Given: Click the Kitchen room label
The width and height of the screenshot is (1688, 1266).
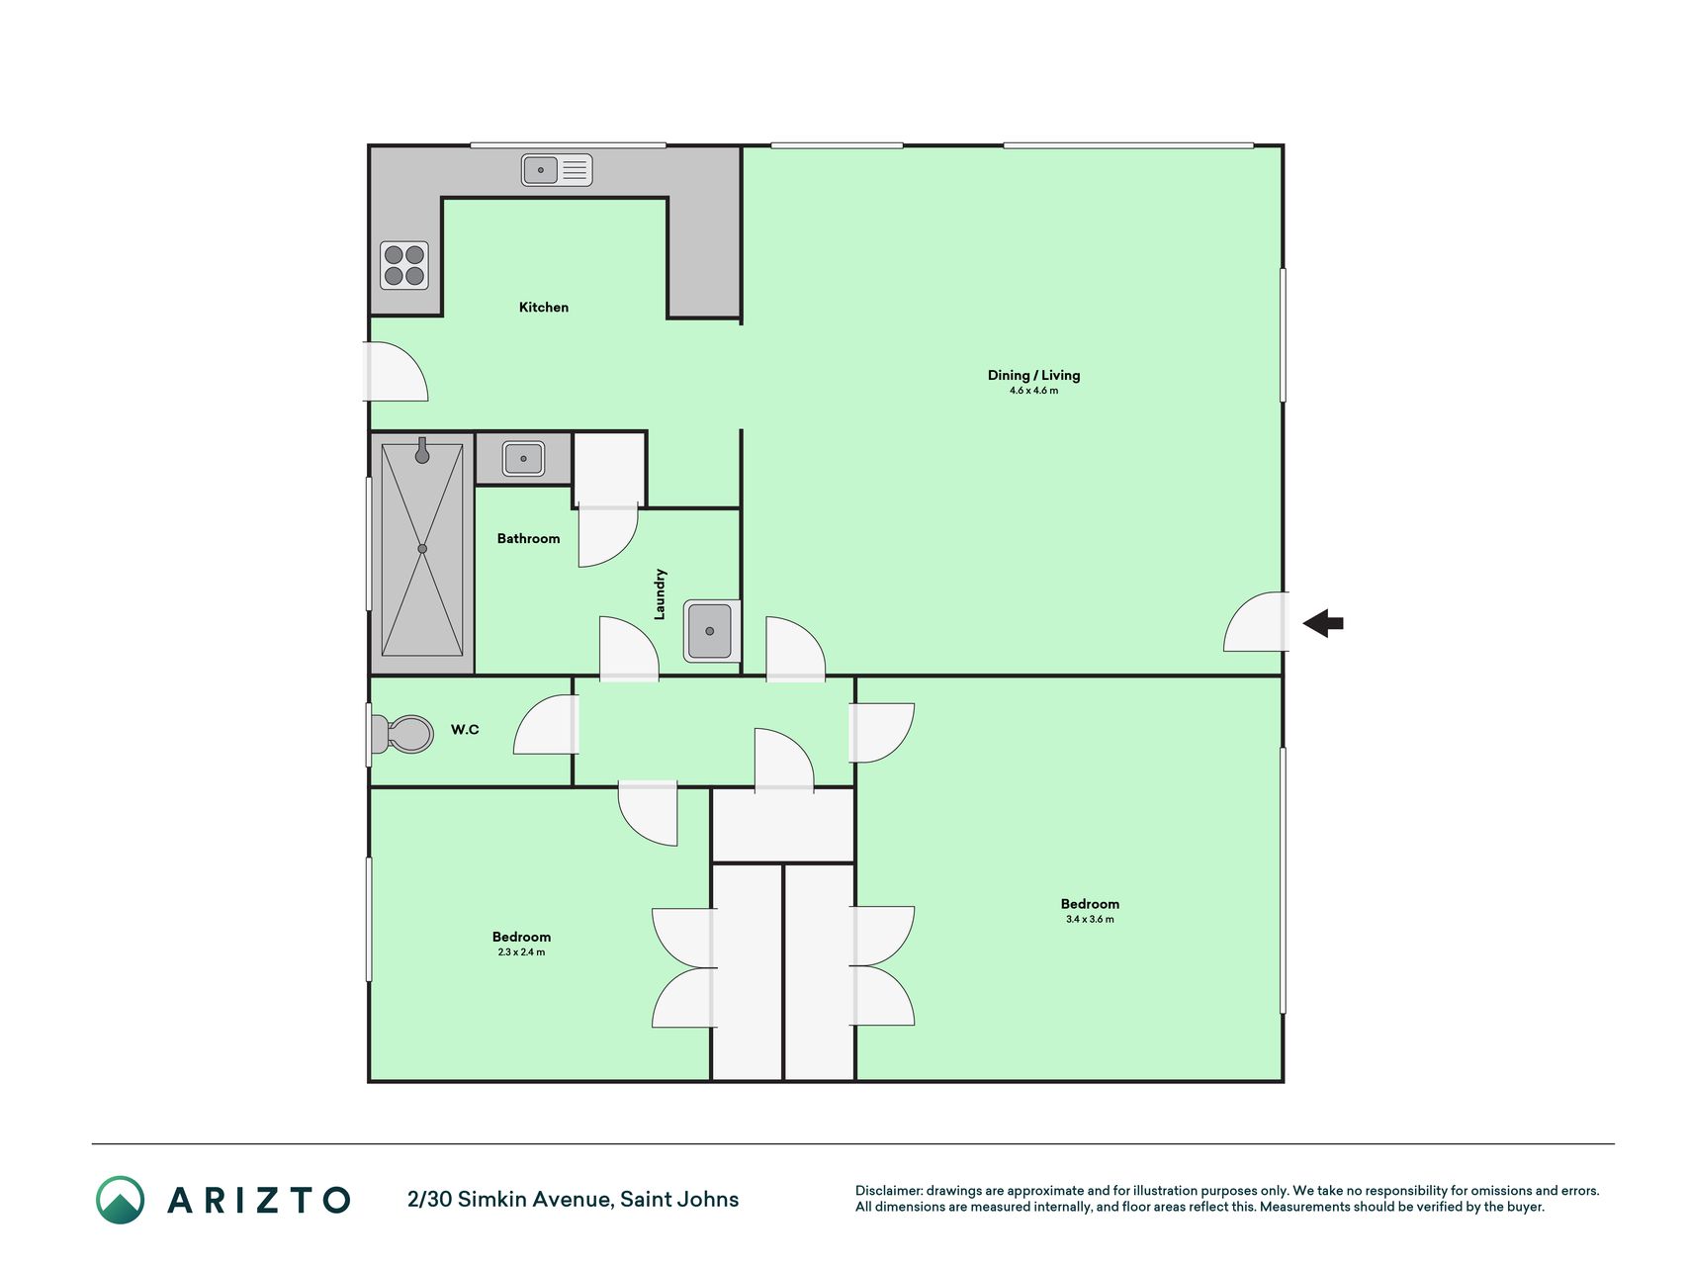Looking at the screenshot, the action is (544, 308).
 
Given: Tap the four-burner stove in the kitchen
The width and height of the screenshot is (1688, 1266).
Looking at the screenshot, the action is (404, 265).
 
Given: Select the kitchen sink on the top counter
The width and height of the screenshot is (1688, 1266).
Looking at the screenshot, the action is (557, 170).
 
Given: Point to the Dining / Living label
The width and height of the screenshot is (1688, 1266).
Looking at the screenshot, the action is (1033, 375).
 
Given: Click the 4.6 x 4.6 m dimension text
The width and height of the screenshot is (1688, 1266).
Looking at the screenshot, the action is (1033, 391).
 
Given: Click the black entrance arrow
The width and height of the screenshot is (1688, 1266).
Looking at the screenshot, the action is (1323, 623).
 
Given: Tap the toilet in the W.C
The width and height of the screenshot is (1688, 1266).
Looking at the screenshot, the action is (401, 734).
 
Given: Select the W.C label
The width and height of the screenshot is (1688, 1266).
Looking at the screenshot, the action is (465, 730).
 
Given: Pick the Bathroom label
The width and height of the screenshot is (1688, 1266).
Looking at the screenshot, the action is (528, 539).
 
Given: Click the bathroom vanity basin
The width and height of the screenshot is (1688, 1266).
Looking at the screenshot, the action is (523, 459).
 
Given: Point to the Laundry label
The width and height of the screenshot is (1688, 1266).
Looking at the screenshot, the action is (660, 594).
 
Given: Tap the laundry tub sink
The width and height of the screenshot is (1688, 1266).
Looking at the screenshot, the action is (710, 631).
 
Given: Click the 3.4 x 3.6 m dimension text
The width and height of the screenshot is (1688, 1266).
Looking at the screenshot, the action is (1090, 920).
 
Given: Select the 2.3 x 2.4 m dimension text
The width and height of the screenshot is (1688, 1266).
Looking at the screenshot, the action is (521, 952).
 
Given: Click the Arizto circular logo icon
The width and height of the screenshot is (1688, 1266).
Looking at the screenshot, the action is (121, 1200).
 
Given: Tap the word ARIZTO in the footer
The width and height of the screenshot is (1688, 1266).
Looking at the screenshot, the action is (259, 1201).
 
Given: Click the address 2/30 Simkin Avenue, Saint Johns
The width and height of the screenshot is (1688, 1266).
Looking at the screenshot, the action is (574, 1200).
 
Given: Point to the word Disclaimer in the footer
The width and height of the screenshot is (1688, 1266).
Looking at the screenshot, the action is (888, 1191).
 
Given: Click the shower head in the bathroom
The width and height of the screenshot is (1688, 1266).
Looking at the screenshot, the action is (422, 451).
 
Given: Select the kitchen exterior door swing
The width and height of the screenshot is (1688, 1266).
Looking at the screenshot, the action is (398, 371).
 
